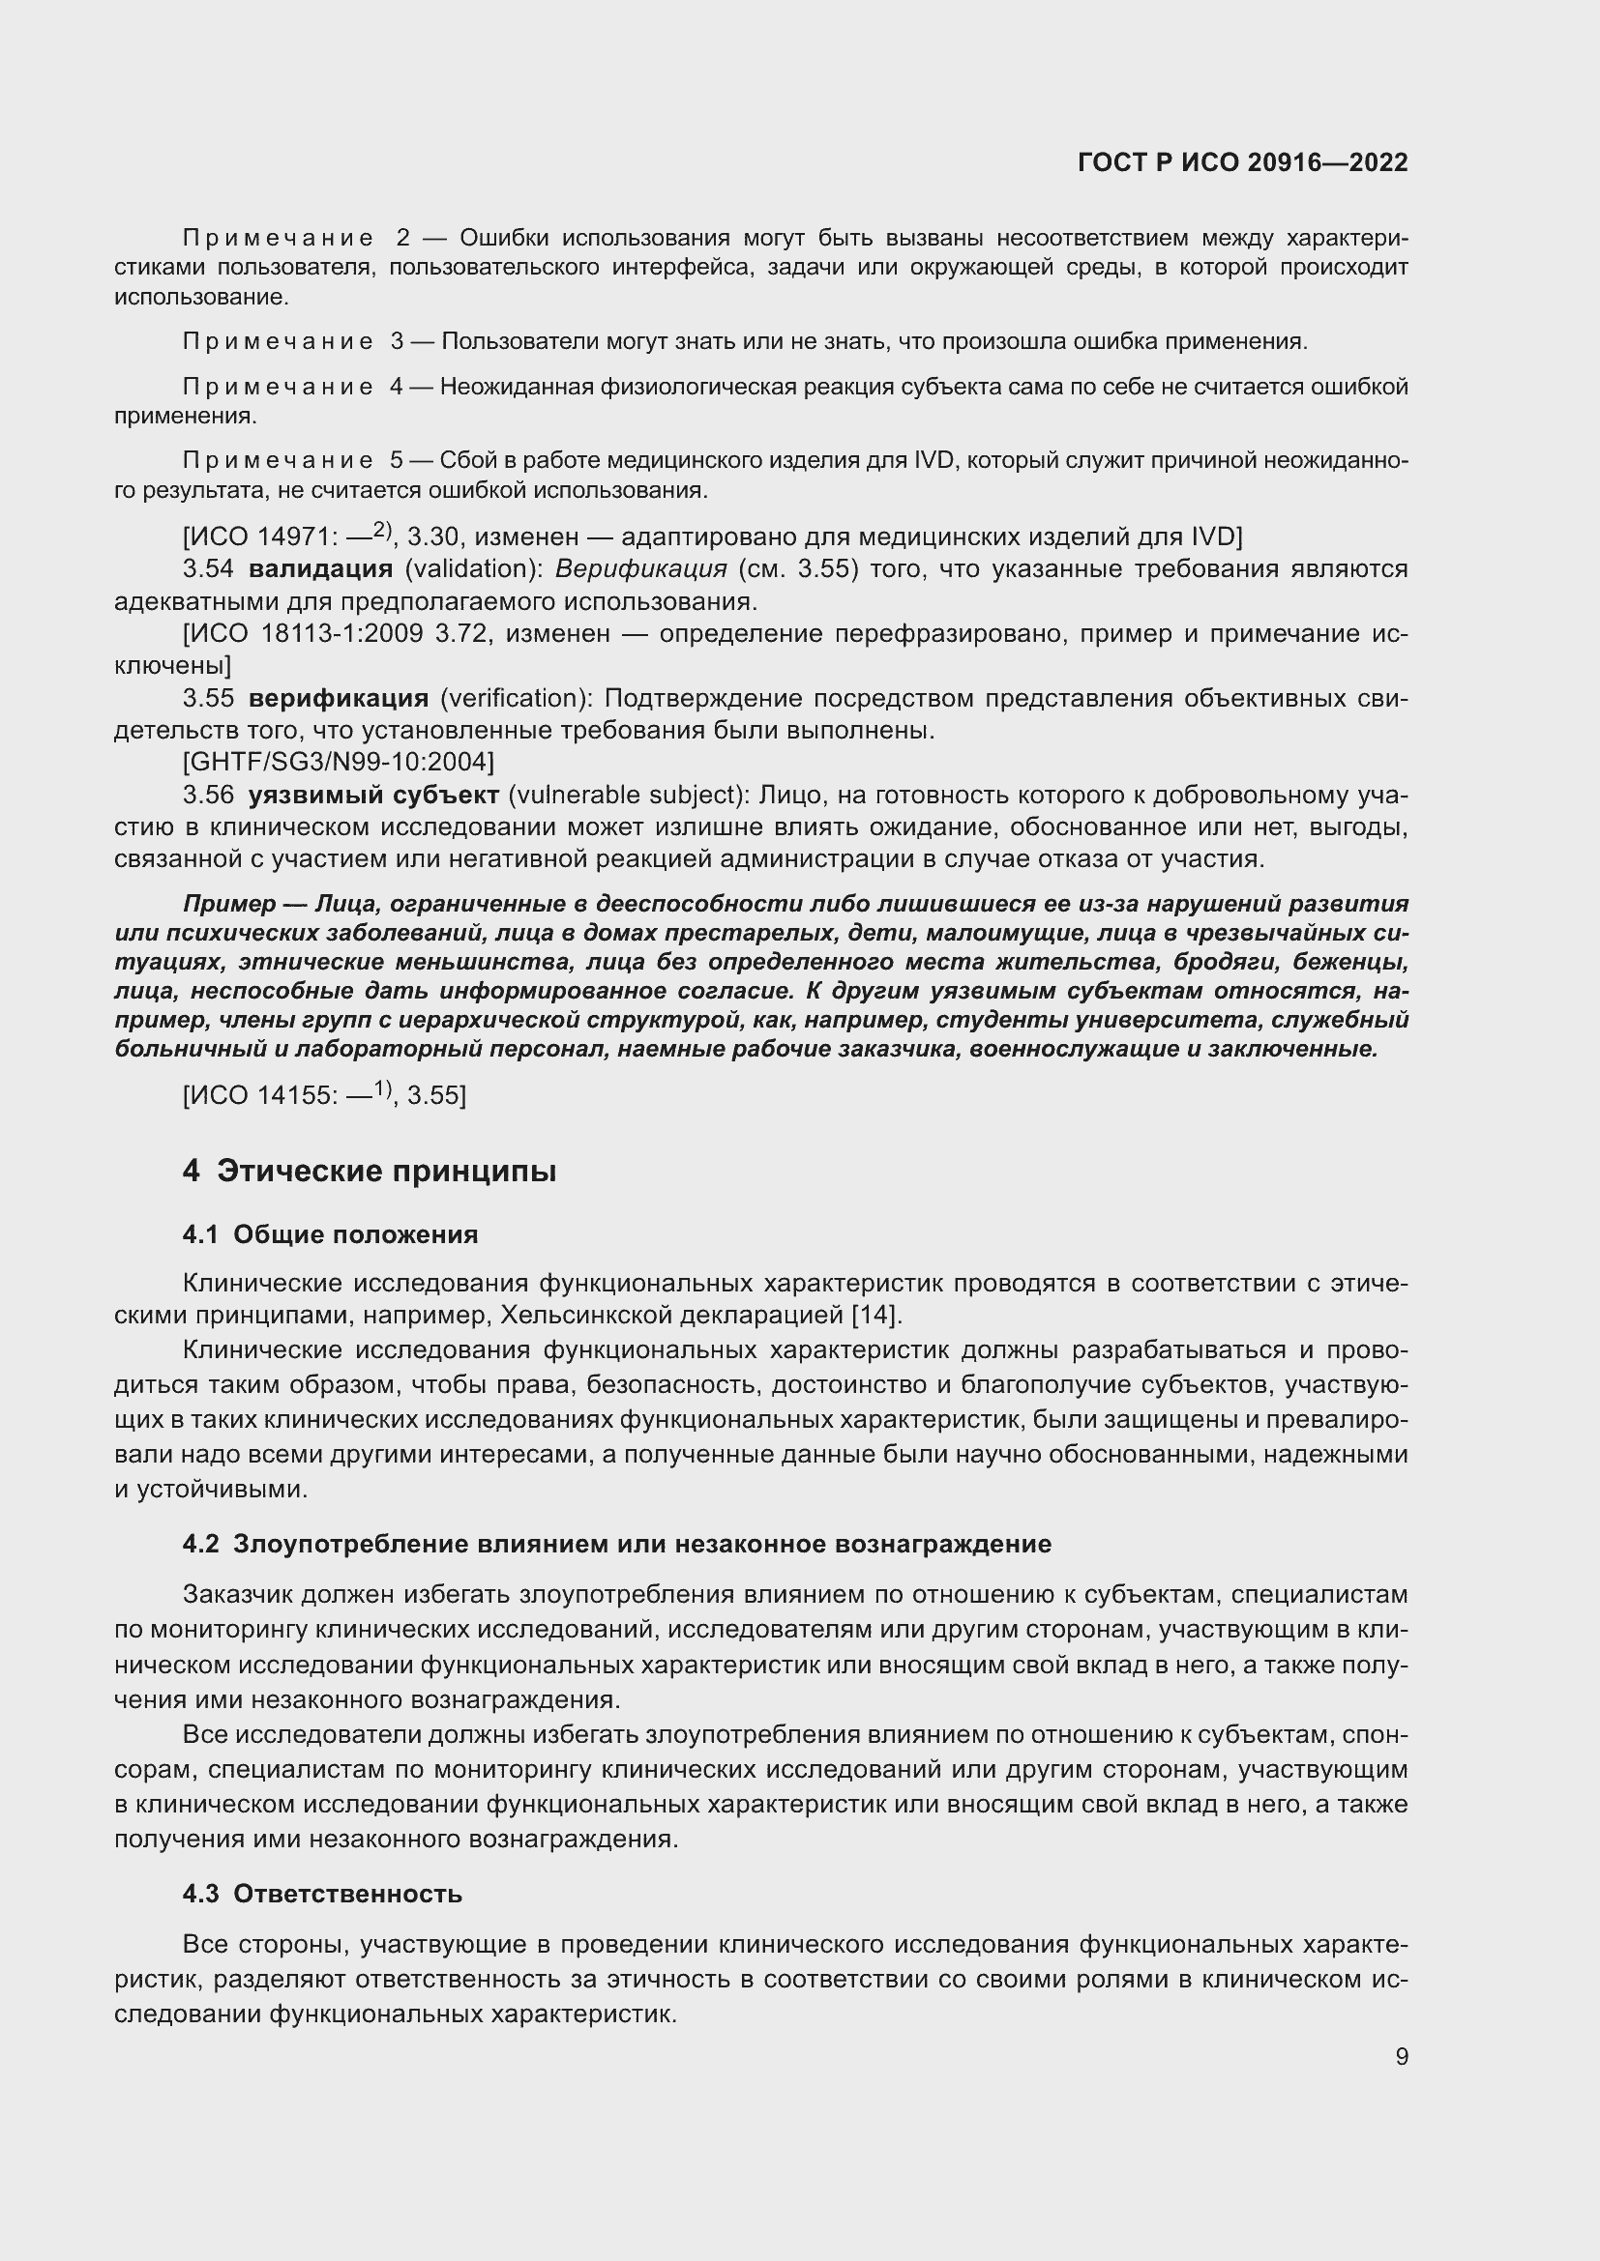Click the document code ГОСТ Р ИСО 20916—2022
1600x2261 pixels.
coord(1242,163)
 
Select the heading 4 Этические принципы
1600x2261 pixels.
coord(370,1171)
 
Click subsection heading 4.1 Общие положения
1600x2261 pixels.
coord(330,1234)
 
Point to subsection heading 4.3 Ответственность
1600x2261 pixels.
coord(322,1894)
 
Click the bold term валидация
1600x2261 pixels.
coord(320,569)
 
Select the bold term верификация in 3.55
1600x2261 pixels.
coord(338,698)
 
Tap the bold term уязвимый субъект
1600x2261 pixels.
coord(373,795)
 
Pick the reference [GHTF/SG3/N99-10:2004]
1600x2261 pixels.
coord(338,761)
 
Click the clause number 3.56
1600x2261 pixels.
coord(208,795)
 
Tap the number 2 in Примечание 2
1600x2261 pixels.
coord(402,238)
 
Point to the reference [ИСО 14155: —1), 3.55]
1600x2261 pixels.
coord(324,1094)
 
